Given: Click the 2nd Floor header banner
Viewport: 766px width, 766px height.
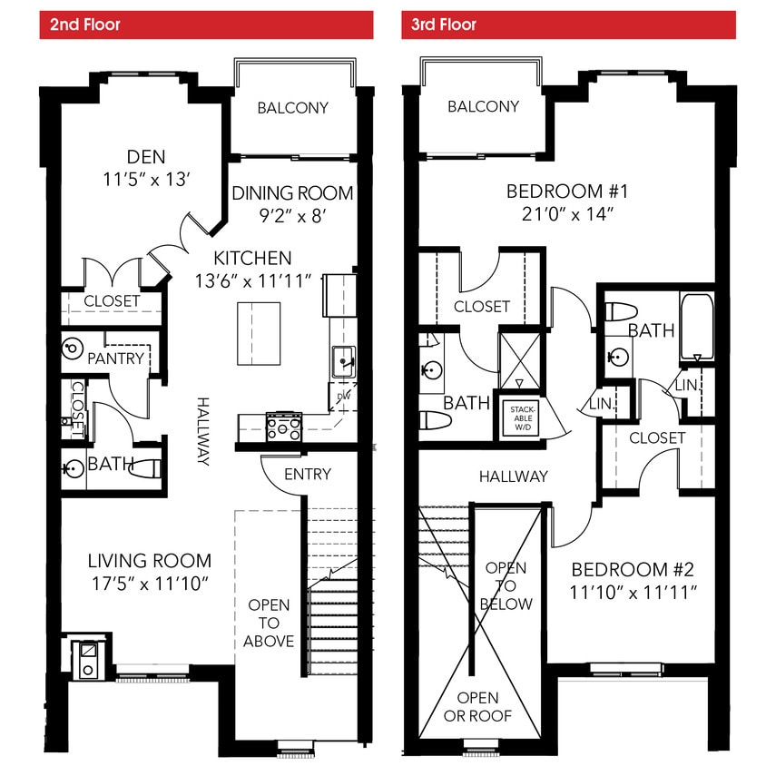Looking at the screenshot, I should (x=206, y=25).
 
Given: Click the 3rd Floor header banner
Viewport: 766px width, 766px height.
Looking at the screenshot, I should (x=568, y=25).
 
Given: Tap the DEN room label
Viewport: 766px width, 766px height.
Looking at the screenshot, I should (x=146, y=156).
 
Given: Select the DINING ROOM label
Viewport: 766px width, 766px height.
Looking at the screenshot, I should (x=291, y=193).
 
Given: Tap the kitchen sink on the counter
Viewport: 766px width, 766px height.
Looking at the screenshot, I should (x=344, y=361).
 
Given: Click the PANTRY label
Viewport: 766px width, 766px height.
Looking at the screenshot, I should (x=115, y=358).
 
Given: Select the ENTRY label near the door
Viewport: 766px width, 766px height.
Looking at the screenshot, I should (x=307, y=474).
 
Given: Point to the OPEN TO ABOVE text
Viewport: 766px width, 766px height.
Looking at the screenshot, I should (x=269, y=623).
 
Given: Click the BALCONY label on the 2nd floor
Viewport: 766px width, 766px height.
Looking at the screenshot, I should (x=292, y=108).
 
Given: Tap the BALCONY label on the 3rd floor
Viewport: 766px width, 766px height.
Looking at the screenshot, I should (x=483, y=107).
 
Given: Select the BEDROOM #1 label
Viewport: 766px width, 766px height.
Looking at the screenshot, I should (x=567, y=191).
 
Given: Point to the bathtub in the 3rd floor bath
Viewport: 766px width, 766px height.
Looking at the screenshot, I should (x=697, y=327).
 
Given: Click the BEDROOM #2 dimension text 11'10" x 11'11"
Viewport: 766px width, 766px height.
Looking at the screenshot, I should (x=633, y=592).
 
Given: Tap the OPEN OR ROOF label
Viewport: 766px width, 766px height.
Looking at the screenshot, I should (x=477, y=706).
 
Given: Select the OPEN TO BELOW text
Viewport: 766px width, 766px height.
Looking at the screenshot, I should (x=506, y=585).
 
